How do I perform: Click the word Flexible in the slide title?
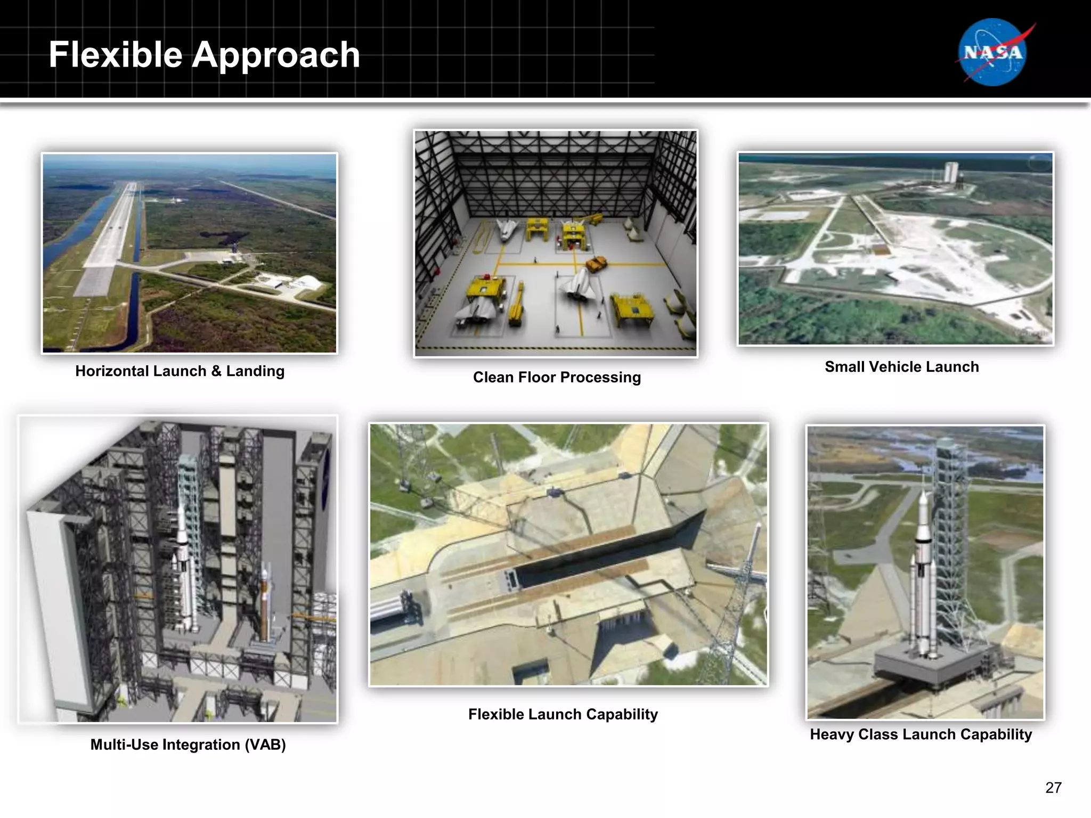(116, 55)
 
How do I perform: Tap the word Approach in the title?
(275, 56)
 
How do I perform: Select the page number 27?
(1053, 788)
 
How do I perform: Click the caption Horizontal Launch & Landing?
(180, 371)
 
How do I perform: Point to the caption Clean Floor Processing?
(557, 378)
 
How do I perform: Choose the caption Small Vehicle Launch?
(901, 367)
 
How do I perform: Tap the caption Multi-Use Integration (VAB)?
(188, 745)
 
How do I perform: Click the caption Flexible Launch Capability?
(563, 714)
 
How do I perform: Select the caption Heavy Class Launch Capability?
(921, 734)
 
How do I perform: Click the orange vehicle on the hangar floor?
(597, 263)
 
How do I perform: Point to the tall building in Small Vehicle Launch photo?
(951, 173)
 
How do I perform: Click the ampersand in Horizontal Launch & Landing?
(216, 371)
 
